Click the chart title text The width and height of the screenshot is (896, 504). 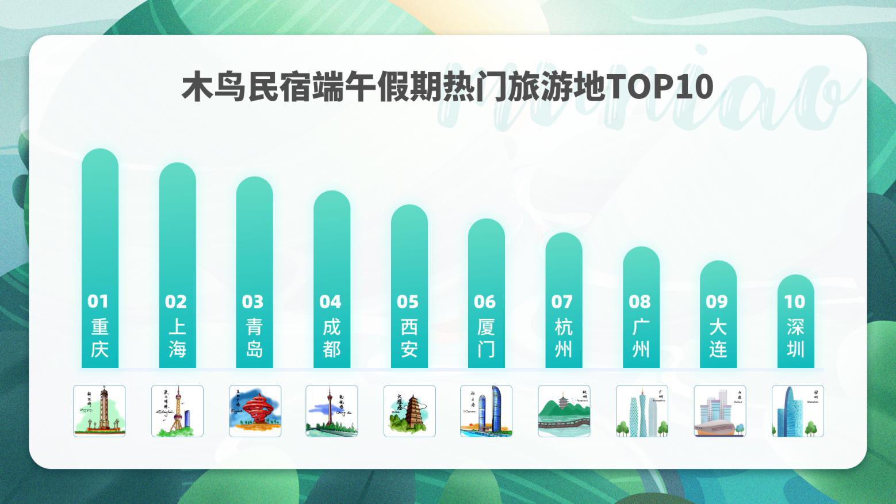coord(447,87)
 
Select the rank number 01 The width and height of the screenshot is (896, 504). coord(98,301)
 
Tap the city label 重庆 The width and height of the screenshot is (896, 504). coord(99,338)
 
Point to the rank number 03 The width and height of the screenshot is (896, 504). coord(253,301)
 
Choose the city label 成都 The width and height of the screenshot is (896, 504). coord(331,338)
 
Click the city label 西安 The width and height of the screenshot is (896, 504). coord(409,338)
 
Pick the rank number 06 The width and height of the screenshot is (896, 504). coord(485,301)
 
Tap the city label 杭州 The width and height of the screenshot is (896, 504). coord(563,338)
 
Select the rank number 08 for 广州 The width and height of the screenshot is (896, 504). coord(640,301)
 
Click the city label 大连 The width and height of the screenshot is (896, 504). coord(718,338)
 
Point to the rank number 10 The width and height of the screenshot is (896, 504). coord(795,301)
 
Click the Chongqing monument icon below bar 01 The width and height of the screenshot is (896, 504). coord(99,411)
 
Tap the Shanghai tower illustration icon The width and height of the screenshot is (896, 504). coord(177,411)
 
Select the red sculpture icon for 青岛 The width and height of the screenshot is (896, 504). coord(255,411)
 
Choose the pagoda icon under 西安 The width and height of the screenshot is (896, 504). coord(409,411)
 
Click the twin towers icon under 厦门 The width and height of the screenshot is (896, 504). coord(486,411)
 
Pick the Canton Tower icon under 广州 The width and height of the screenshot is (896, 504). coord(642,411)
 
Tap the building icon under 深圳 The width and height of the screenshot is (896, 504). coord(797,411)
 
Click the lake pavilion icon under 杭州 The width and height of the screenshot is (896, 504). coord(564,411)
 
